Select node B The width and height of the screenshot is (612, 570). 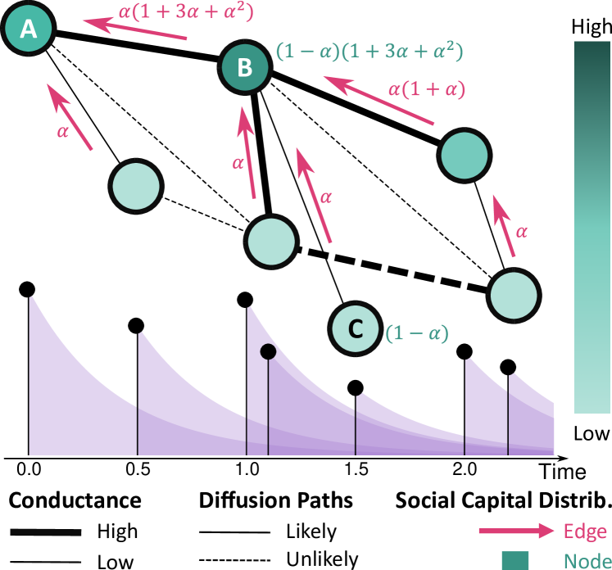pos(245,67)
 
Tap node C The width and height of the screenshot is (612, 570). pos(355,328)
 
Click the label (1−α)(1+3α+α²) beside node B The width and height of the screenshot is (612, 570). pos(369,52)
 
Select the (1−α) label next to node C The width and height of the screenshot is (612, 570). pos(418,333)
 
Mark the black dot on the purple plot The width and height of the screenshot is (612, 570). pos(268,352)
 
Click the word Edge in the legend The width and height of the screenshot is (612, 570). pos(585,531)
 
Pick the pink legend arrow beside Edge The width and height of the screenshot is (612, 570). pos(516,531)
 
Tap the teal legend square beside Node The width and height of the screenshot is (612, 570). pos(515,560)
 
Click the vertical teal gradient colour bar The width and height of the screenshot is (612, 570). pos(592,228)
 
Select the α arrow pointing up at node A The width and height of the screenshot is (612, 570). pos(70,116)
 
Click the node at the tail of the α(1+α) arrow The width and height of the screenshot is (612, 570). pos(464,156)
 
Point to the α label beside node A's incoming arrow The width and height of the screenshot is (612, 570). pos(63,131)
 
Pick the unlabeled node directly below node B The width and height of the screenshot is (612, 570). pos(270,241)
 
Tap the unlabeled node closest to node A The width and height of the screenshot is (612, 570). pos(135,186)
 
